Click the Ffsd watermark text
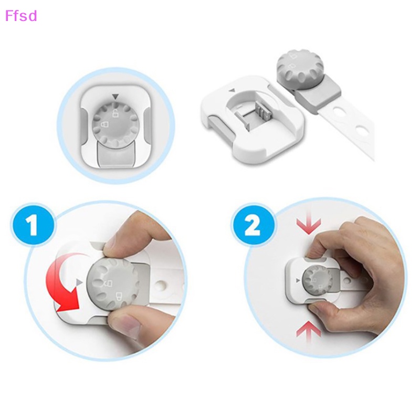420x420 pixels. point(21,16)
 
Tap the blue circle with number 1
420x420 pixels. point(33,227)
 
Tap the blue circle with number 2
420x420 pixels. point(253,227)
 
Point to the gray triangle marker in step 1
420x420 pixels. point(79,283)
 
